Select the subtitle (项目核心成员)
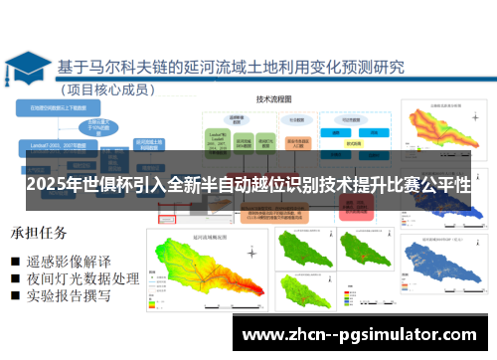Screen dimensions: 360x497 click(111, 89)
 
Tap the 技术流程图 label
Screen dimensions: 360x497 click(278, 99)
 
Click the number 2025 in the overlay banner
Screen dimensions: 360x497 click(49, 186)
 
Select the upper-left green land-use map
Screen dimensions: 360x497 click(302, 251)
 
